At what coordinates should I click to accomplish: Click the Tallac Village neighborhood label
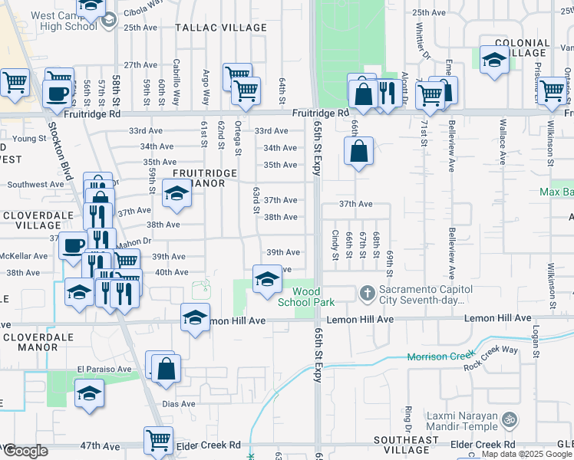click(221, 28)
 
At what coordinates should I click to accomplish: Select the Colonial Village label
click(523, 48)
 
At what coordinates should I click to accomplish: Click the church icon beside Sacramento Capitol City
click(367, 293)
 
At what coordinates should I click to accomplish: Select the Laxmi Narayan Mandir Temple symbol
click(508, 419)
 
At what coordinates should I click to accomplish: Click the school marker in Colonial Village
click(494, 60)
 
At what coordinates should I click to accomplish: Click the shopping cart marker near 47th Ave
click(158, 441)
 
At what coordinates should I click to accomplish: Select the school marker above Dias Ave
click(90, 394)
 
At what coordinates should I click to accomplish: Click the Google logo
click(25, 451)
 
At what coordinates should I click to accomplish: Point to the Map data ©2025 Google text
click(526, 455)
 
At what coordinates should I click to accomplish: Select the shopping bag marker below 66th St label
click(358, 151)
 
